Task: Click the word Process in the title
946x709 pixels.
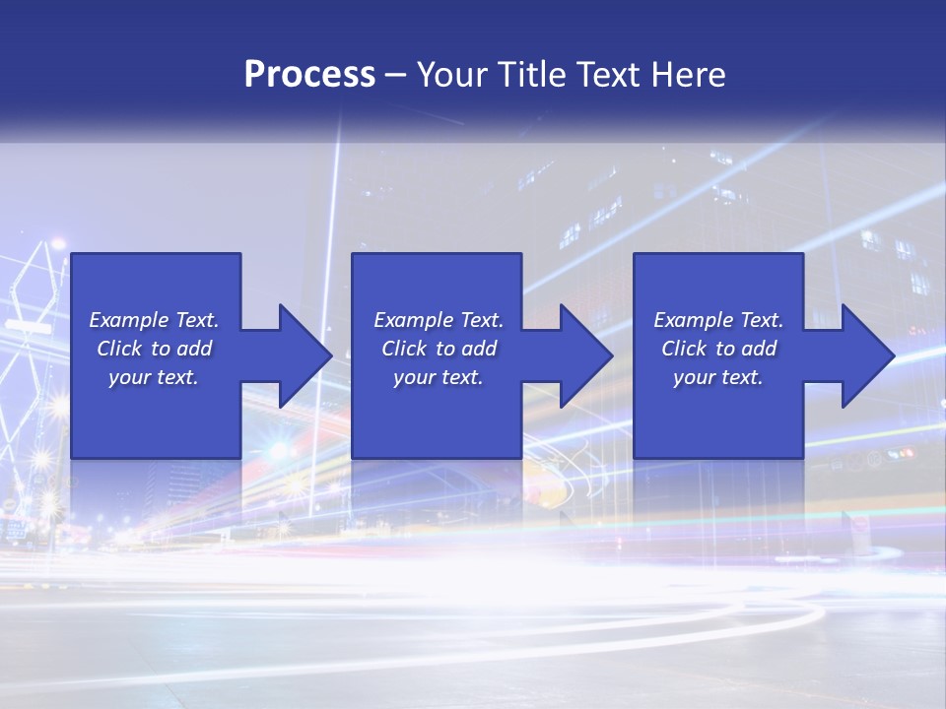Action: coord(309,75)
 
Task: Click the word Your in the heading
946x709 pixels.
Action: coord(454,75)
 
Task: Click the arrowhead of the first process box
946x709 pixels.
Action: coord(306,355)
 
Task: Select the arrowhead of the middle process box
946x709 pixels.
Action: coord(587,355)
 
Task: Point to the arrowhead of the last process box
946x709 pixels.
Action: coord(868,355)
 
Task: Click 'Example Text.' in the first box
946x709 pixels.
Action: coord(154,320)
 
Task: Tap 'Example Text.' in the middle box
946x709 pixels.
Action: coord(439,320)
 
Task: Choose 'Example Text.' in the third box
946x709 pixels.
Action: coord(718,320)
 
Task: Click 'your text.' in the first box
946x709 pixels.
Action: coord(154,377)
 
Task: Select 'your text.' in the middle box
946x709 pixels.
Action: coord(439,377)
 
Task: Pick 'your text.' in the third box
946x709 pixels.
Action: coord(718,377)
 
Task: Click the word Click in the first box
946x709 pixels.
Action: coord(119,349)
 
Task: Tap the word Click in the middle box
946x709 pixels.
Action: coord(404,349)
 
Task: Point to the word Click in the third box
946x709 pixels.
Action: coord(684,349)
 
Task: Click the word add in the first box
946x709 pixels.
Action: coord(194,349)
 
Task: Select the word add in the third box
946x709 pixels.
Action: coord(759,349)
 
